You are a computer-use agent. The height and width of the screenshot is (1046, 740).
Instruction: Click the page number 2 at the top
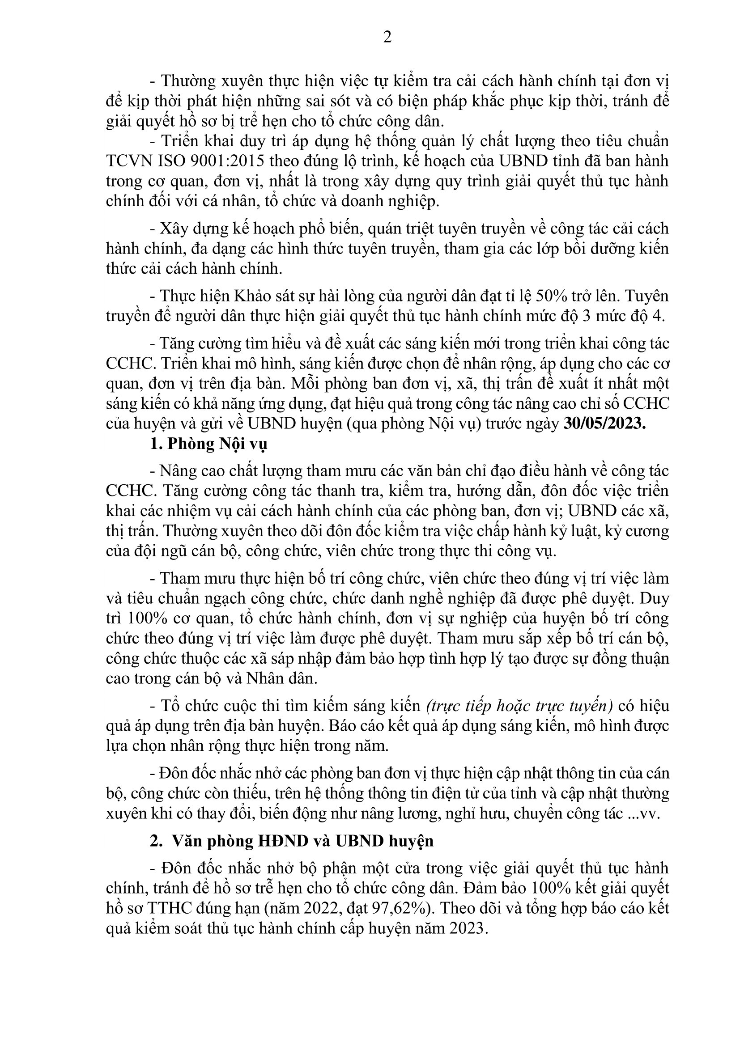pyautogui.click(x=387, y=38)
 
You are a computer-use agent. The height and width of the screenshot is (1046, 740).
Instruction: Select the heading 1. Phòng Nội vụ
pyautogui.click(x=208, y=444)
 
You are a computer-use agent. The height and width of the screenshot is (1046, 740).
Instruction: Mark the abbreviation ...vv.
pyautogui.click(x=644, y=814)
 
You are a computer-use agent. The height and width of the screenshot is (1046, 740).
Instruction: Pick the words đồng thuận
pyautogui.click(x=637, y=659)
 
